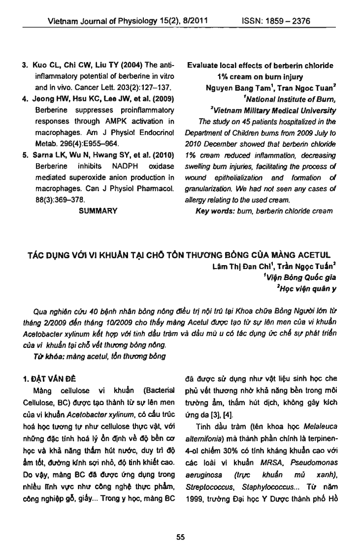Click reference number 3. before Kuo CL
pos(27,66)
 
